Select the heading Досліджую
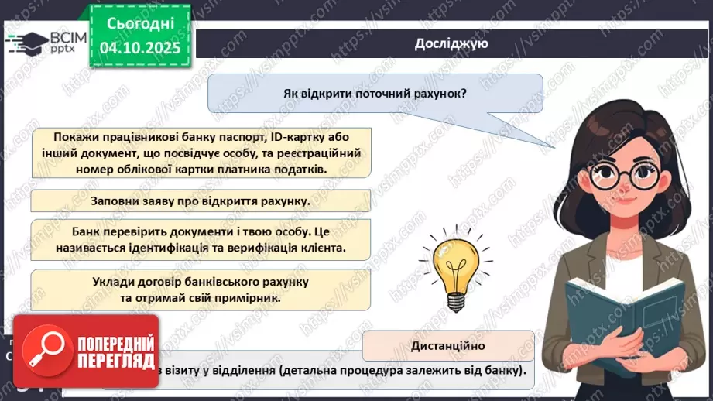tap(451, 43)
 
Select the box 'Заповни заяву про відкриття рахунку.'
tap(201, 201)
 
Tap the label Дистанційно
tap(448, 346)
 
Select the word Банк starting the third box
tap(87, 231)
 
